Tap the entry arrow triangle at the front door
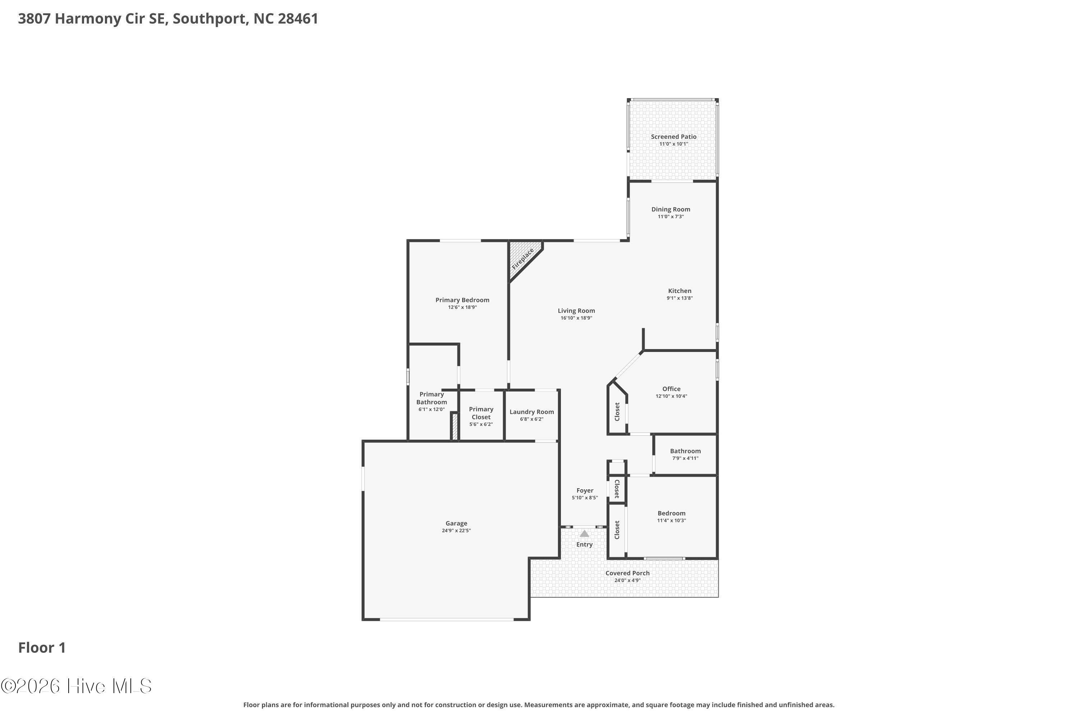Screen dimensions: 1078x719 click(584, 533)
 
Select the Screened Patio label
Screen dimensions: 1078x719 click(674, 137)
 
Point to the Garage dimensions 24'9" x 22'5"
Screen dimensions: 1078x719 click(456, 531)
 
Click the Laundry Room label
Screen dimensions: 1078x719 click(532, 412)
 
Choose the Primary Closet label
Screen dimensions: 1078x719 click(481, 413)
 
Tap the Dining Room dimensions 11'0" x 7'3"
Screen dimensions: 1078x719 click(671, 216)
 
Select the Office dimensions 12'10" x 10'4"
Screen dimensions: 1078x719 click(672, 396)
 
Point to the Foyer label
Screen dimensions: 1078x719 click(585, 491)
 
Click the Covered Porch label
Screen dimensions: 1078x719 click(627, 573)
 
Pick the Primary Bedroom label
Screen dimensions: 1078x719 click(462, 300)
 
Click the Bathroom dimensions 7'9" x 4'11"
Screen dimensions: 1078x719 click(686, 458)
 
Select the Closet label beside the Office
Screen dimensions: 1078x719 click(617, 412)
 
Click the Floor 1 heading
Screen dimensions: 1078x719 click(42, 647)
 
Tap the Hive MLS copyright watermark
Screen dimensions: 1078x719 click(76, 686)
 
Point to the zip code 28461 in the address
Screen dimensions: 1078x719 click(298, 19)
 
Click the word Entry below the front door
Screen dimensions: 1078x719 click(584, 545)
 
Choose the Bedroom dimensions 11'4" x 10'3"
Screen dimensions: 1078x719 click(672, 521)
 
